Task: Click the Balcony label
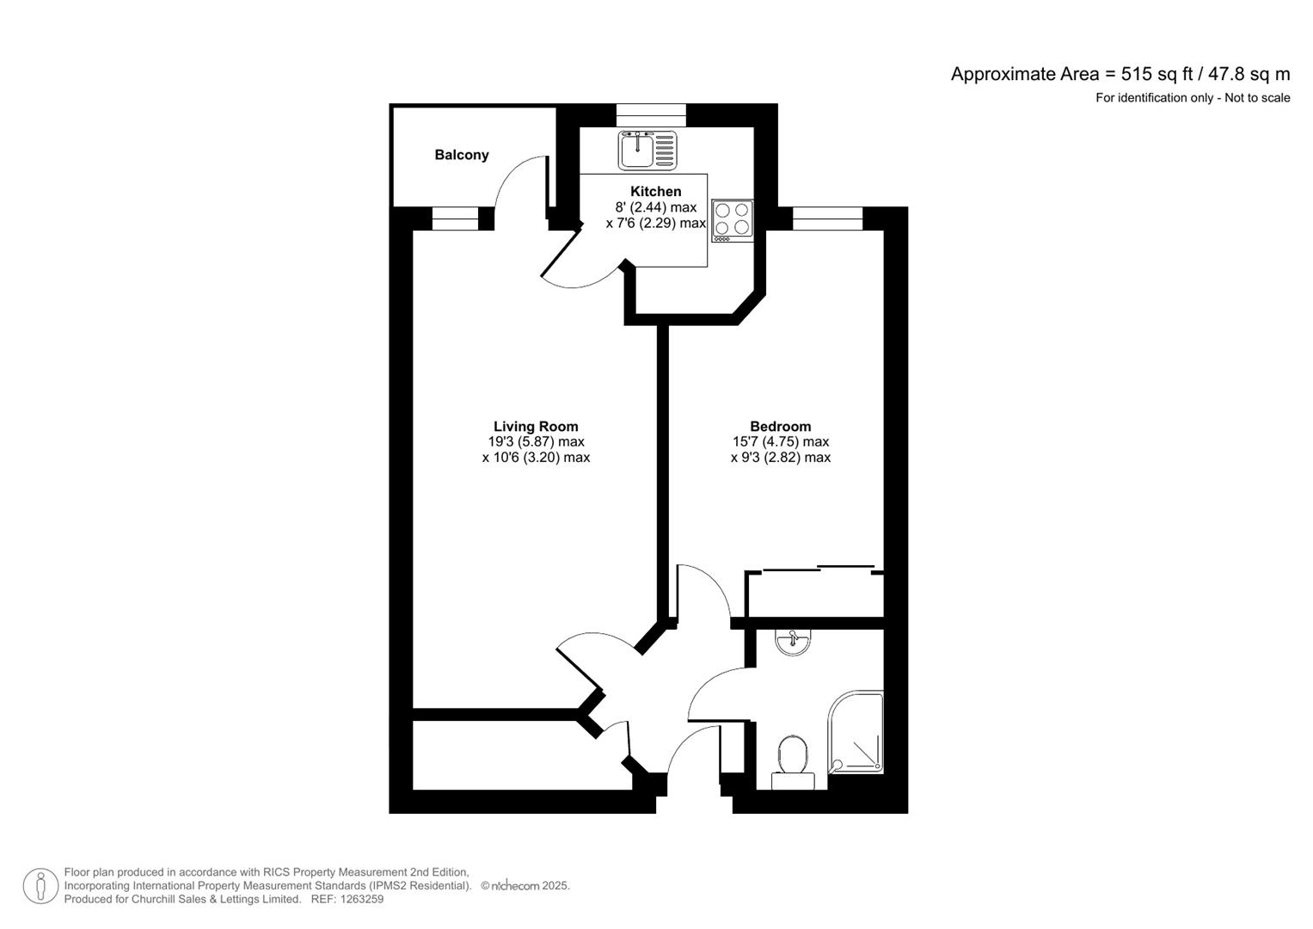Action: (x=461, y=155)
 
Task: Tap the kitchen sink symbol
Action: (x=647, y=150)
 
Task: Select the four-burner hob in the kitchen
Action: (x=733, y=219)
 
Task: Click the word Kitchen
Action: (x=655, y=191)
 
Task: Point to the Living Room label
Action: (x=535, y=426)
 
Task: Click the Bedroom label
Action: (x=780, y=426)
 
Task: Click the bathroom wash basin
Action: (x=792, y=641)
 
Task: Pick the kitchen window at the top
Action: (x=651, y=115)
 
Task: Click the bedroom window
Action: (x=827, y=218)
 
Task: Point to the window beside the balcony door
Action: (x=454, y=219)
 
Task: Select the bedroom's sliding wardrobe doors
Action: (x=818, y=569)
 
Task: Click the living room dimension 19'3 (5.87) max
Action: (x=536, y=442)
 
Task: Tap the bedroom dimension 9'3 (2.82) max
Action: (x=780, y=458)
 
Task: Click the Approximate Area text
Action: (x=1120, y=74)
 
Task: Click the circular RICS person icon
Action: (x=40, y=886)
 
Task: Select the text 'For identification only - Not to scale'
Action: (x=1192, y=98)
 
